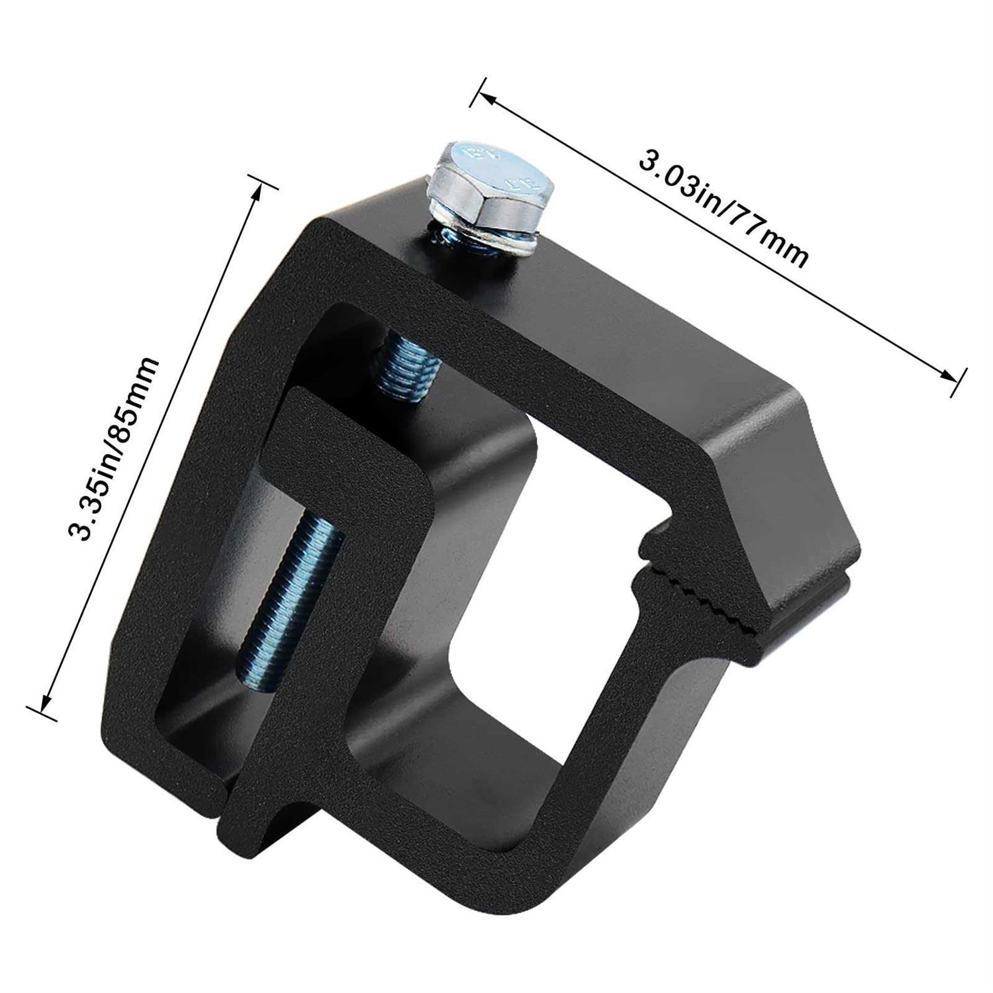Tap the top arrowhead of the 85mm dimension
click(258, 192)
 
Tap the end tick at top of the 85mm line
click(263, 181)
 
